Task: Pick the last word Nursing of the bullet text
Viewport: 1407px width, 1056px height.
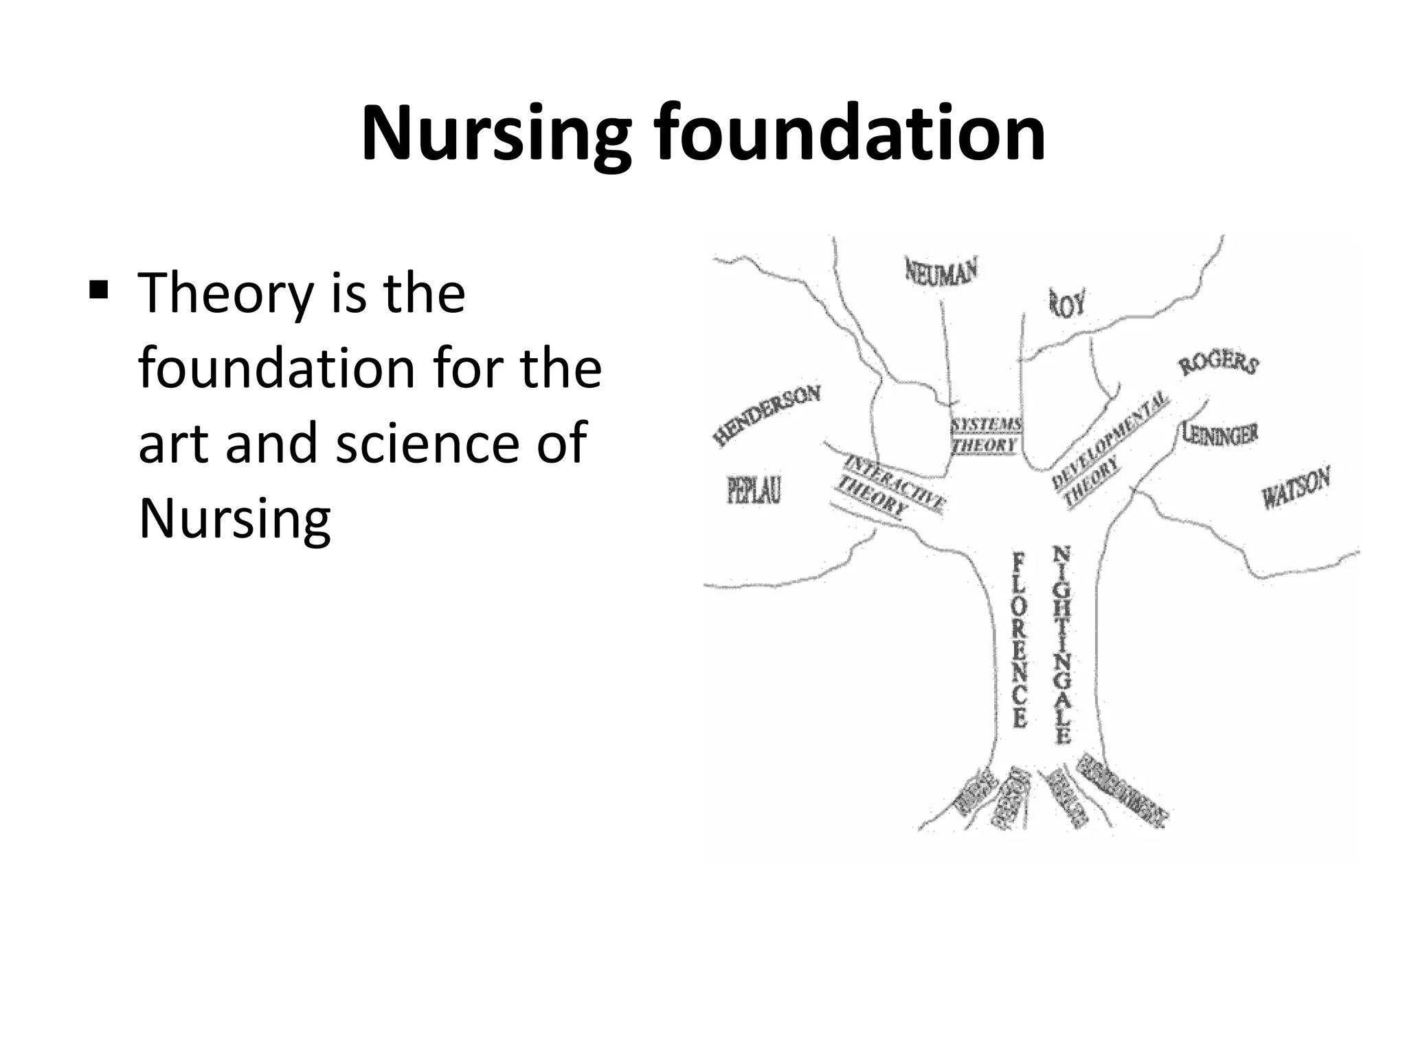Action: click(x=235, y=518)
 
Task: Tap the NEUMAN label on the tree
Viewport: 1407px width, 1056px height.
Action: click(x=941, y=271)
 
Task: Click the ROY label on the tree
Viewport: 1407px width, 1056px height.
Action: click(x=1067, y=302)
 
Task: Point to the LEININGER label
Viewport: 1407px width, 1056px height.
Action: click(x=1220, y=432)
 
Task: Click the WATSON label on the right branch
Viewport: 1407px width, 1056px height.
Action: click(x=1296, y=486)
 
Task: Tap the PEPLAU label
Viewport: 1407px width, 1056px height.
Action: click(x=754, y=490)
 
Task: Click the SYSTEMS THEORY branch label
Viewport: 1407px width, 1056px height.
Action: click(x=986, y=435)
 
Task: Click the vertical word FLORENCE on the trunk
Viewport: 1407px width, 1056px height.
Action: click(x=1020, y=639)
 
